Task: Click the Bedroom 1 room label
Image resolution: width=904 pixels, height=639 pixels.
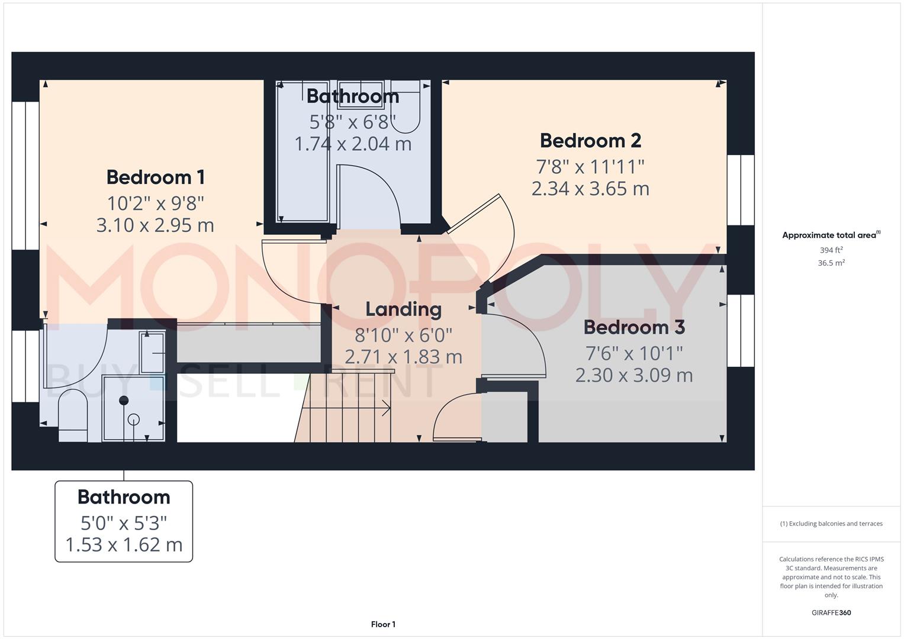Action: click(155, 177)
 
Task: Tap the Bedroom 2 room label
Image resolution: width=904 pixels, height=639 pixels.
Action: click(590, 141)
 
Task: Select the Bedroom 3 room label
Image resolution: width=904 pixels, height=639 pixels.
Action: click(634, 327)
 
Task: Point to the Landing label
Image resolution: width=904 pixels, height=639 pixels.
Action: click(403, 309)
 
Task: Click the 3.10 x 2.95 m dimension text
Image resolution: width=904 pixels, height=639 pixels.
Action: click(155, 225)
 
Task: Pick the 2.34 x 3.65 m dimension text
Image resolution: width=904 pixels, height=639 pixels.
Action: click(590, 188)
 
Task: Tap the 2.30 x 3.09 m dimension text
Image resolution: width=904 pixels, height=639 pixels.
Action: click(634, 375)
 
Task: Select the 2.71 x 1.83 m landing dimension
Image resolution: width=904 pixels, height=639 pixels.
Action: click(403, 357)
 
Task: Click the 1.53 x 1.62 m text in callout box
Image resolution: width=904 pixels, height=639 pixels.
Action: click(124, 544)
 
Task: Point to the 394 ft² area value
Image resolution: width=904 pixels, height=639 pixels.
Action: click(831, 250)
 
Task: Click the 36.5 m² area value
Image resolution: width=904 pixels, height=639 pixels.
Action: click(831, 263)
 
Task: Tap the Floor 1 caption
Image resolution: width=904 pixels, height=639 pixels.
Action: click(383, 624)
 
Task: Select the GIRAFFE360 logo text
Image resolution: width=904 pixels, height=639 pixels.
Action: click(831, 613)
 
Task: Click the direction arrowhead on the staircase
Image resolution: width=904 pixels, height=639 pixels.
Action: click(387, 408)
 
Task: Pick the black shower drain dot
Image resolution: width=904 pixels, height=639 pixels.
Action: click(124, 401)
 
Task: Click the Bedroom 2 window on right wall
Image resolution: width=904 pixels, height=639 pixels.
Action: click(741, 190)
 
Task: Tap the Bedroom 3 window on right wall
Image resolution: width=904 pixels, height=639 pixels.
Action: click(741, 331)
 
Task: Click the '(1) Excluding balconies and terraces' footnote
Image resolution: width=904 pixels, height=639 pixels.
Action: click(831, 524)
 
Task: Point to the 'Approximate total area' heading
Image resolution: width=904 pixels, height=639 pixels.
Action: click(829, 235)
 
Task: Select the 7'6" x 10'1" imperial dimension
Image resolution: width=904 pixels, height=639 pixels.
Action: click(634, 353)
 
